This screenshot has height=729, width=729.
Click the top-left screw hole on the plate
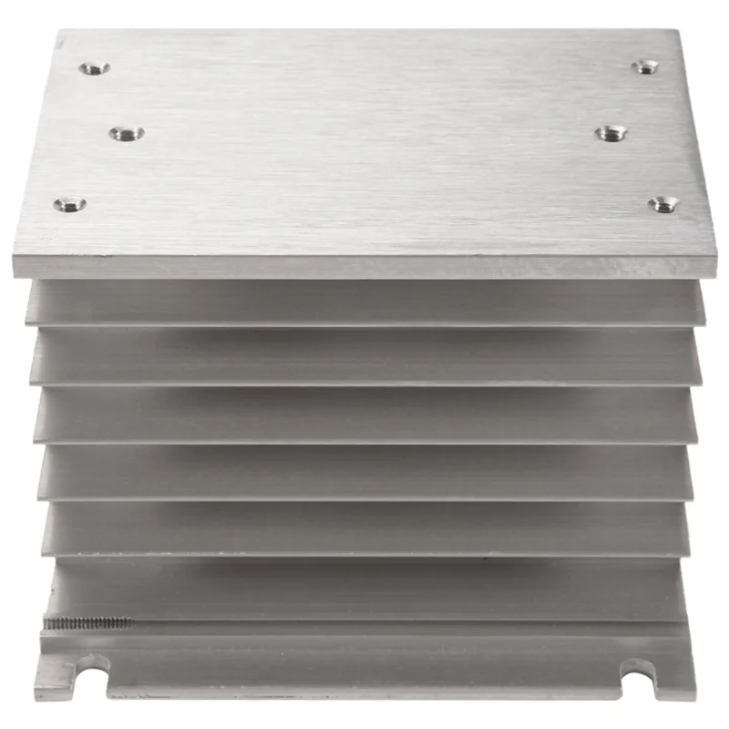[x=94, y=67]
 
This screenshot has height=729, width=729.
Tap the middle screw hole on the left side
[x=127, y=133]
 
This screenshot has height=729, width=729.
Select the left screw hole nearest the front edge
[x=69, y=203]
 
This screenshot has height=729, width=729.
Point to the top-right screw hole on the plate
[x=646, y=66]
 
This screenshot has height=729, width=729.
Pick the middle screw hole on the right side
[x=611, y=133]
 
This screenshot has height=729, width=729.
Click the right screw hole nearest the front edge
[x=662, y=204]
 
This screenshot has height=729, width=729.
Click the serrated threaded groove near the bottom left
[x=87, y=624]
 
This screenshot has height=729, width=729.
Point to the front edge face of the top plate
[x=364, y=266]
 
